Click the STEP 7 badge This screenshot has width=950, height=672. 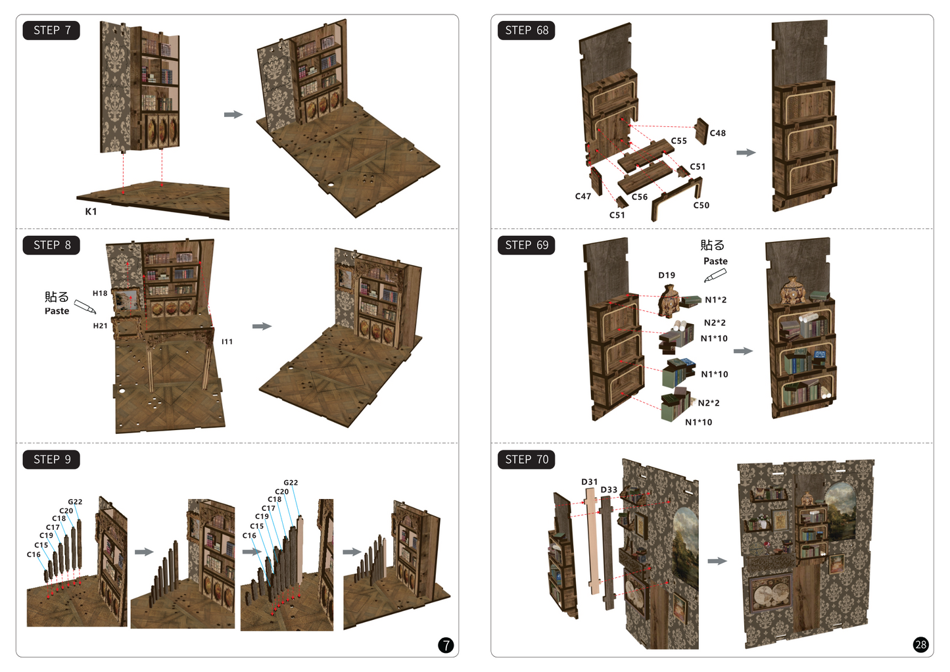tap(51, 30)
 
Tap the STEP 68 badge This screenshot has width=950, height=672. tap(527, 30)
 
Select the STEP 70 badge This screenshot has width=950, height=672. tap(527, 460)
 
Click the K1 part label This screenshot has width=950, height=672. tap(91, 212)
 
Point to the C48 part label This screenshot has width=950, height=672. tap(717, 133)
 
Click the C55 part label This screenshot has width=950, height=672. tap(678, 141)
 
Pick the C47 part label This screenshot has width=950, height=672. tap(583, 197)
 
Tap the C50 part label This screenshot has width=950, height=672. tap(701, 205)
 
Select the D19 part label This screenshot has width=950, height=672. tap(667, 276)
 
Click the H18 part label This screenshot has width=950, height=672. tap(100, 293)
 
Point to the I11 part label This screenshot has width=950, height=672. tap(227, 341)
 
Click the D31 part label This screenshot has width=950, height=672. tap(590, 482)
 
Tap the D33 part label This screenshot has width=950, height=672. tap(609, 490)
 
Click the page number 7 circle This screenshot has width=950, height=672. tap(446, 645)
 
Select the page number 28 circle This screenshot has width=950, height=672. tap(920, 645)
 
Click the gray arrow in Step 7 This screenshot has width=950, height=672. tap(233, 114)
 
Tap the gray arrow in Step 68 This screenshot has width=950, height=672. tap(746, 153)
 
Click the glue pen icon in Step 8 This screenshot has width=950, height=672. tap(85, 306)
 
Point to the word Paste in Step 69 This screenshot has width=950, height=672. tap(715, 261)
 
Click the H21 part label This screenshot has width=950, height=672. tap(100, 326)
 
